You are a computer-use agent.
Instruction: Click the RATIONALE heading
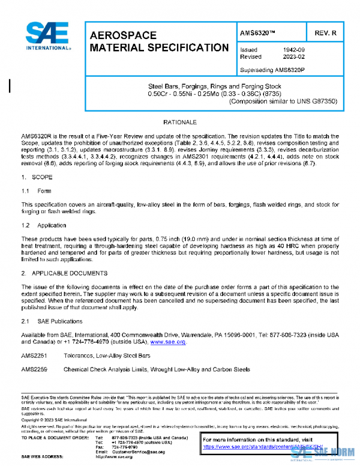tap(180, 123)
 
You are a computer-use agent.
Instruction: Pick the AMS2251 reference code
tap(34, 356)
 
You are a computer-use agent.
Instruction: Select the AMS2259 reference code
tap(34, 369)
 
